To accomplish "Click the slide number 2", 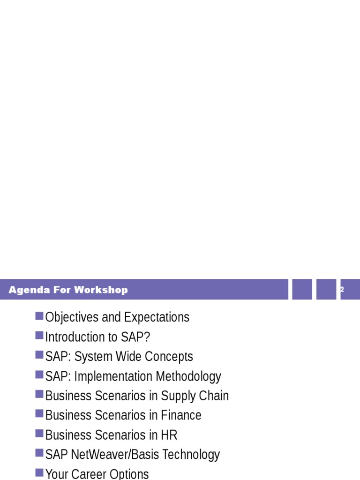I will (342, 290).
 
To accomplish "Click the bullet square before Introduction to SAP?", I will (39, 336).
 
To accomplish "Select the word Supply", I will (178, 396).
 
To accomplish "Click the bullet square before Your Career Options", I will (39, 473).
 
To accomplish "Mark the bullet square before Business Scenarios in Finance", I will (39, 414).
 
